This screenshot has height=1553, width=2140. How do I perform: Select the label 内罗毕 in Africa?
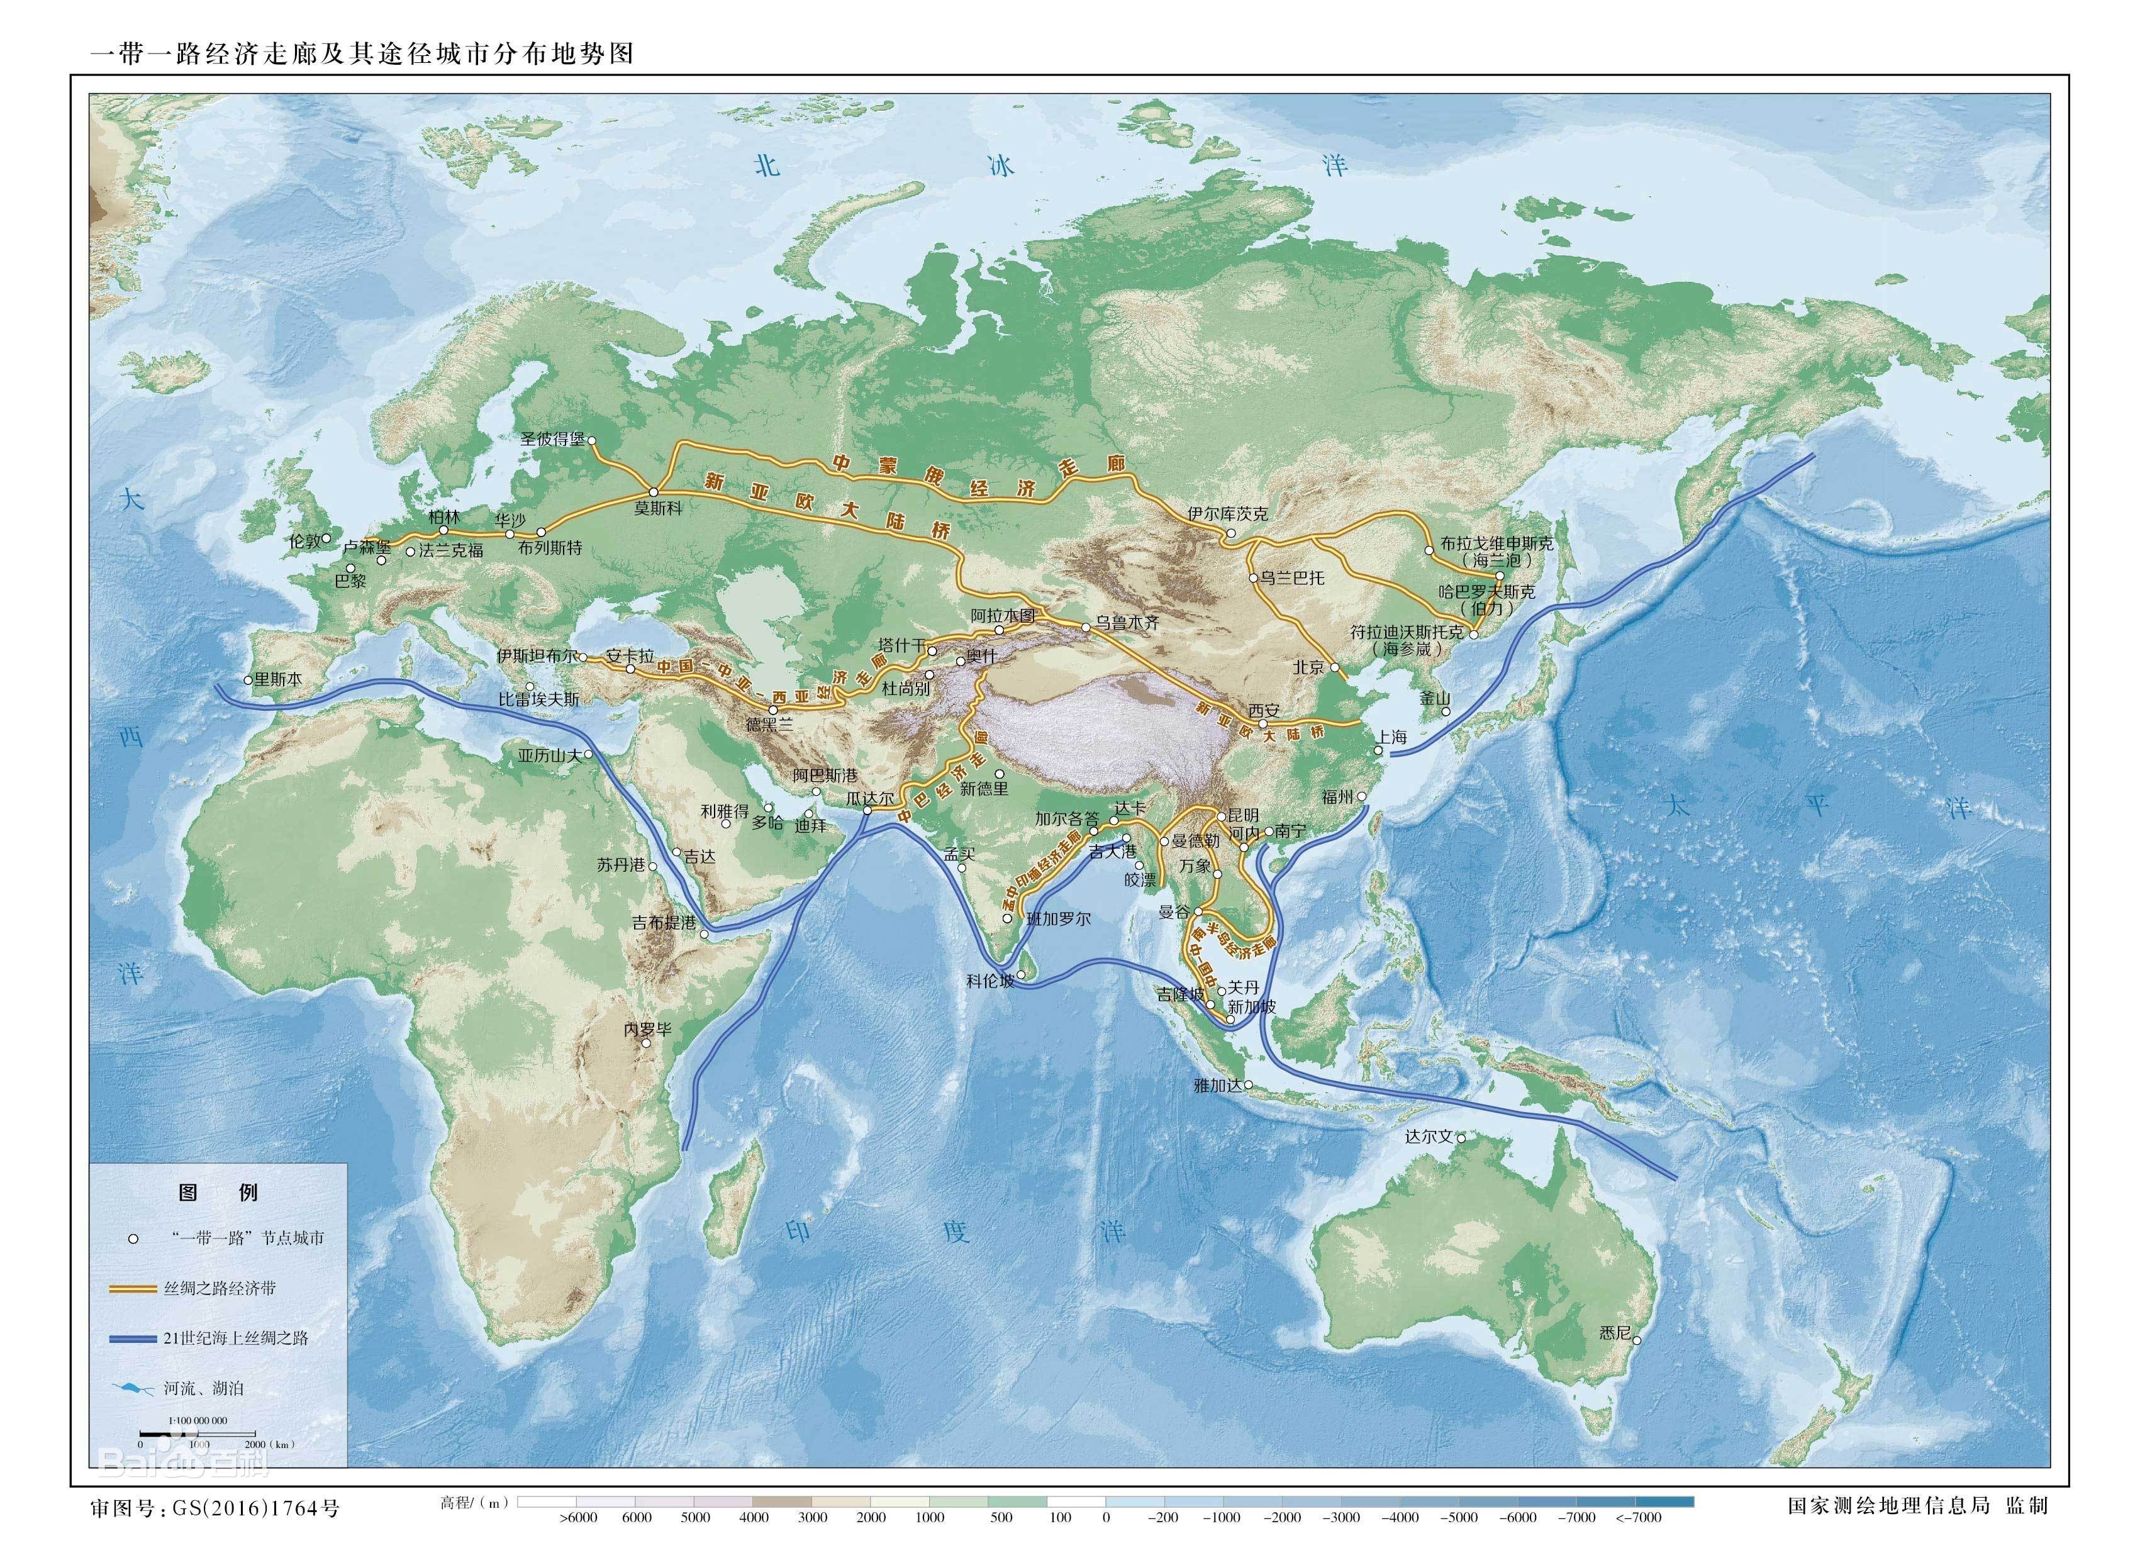(647, 1029)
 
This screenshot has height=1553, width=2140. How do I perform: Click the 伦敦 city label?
(304, 542)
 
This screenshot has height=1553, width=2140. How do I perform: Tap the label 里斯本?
(277, 679)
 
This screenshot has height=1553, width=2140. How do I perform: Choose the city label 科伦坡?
(990, 981)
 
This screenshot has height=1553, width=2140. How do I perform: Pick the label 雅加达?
(1218, 1086)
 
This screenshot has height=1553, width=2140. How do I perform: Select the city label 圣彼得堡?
(553, 440)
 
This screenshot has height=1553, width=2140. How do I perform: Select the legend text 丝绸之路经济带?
(220, 1289)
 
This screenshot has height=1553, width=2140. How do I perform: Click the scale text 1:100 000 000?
(198, 1421)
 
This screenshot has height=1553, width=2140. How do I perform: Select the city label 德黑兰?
(769, 725)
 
